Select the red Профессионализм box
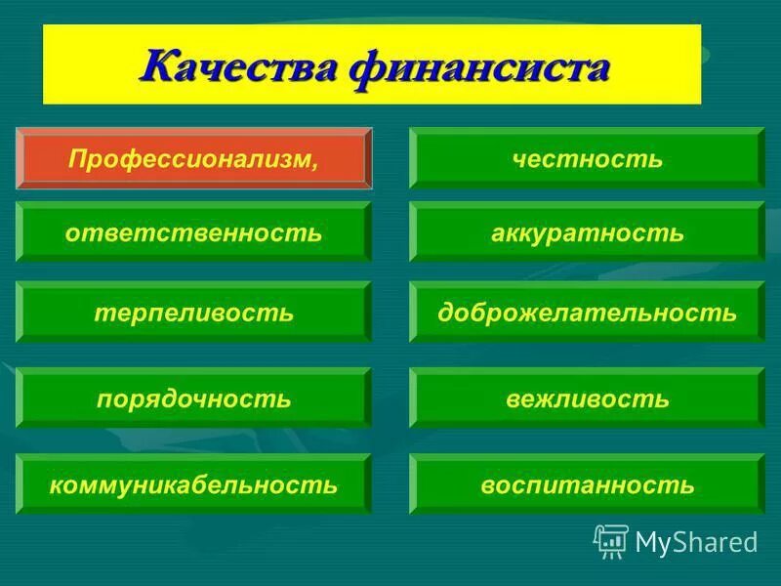coord(193,157)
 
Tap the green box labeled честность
coord(587,157)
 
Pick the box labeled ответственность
coord(193,232)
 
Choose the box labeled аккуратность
coord(587,232)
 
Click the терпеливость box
coord(193,313)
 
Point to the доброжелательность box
coord(587,313)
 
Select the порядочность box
coord(193,398)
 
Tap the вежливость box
coord(587,398)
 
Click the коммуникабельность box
coord(193,483)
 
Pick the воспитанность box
coord(587,483)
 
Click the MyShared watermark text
coord(695,541)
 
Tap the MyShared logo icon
coord(611,540)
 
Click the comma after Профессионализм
coord(314,162)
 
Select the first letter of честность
coord(517,159)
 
